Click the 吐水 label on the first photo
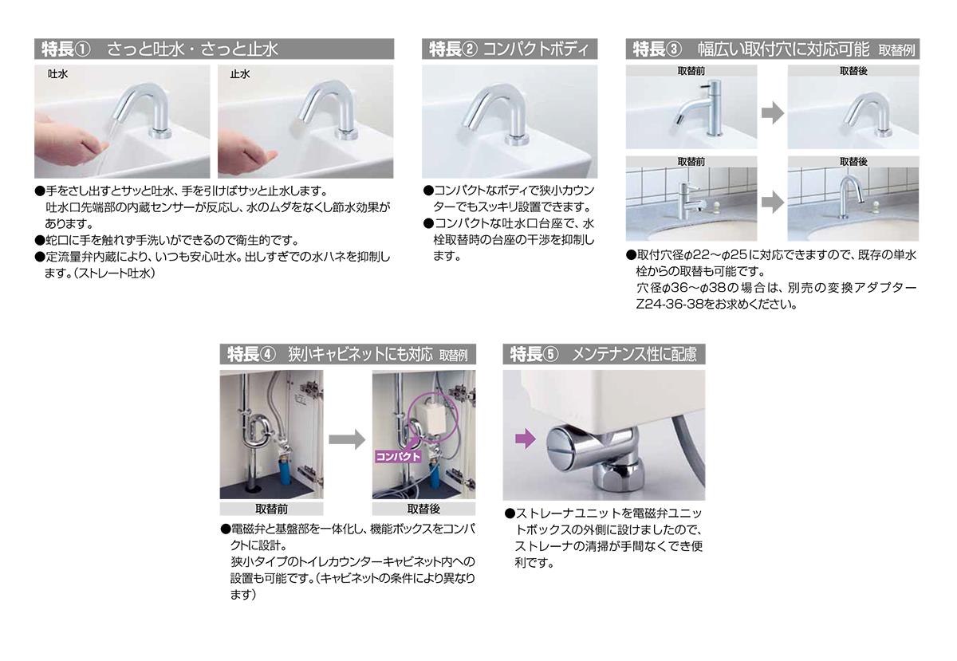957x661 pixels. point(57,74)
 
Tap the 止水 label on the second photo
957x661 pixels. point(240,74)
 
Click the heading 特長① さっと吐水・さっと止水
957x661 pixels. point(159,49)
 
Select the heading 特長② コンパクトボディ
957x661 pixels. point(509,49)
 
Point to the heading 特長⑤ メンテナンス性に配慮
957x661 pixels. point(603,354)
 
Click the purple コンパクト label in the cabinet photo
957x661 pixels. point(398,456)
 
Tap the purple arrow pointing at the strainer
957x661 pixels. point(526,439)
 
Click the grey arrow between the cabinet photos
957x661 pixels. point(347,439)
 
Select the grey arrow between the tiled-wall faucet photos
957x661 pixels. point(773,202)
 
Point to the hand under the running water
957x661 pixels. point(70,144)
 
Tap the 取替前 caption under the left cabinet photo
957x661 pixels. point(271,509)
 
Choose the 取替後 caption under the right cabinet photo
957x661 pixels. point(423,509)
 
